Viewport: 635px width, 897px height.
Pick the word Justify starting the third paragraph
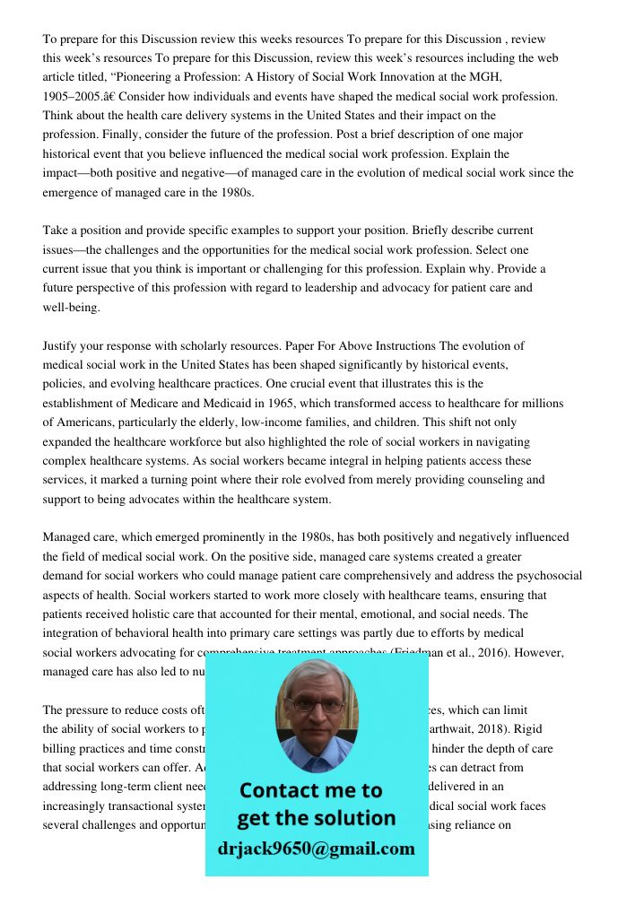click(61, 345)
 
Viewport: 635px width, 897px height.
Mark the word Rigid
click(537, 729)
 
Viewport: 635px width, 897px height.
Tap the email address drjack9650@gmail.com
click(317, 849)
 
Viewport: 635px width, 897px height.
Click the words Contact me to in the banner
click(310, 790)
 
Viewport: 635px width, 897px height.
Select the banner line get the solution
click(316, 818)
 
